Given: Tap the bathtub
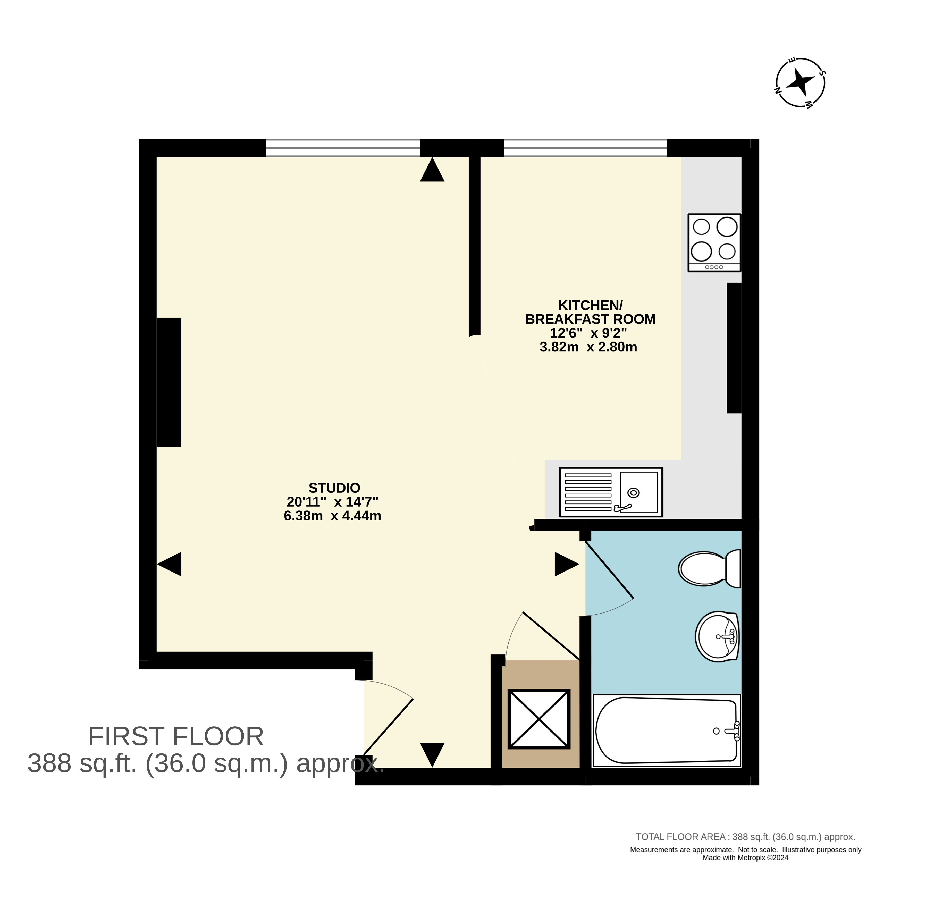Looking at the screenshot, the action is point(667,730).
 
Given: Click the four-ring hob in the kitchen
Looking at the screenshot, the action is point(714,243).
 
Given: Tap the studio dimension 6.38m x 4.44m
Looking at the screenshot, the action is point(332,516).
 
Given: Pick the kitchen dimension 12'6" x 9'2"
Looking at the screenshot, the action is point(588,333).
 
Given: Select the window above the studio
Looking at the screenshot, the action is point(343,148).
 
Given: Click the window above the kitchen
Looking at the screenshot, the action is point(585,148).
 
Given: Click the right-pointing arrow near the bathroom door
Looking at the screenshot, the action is point(567,564).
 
